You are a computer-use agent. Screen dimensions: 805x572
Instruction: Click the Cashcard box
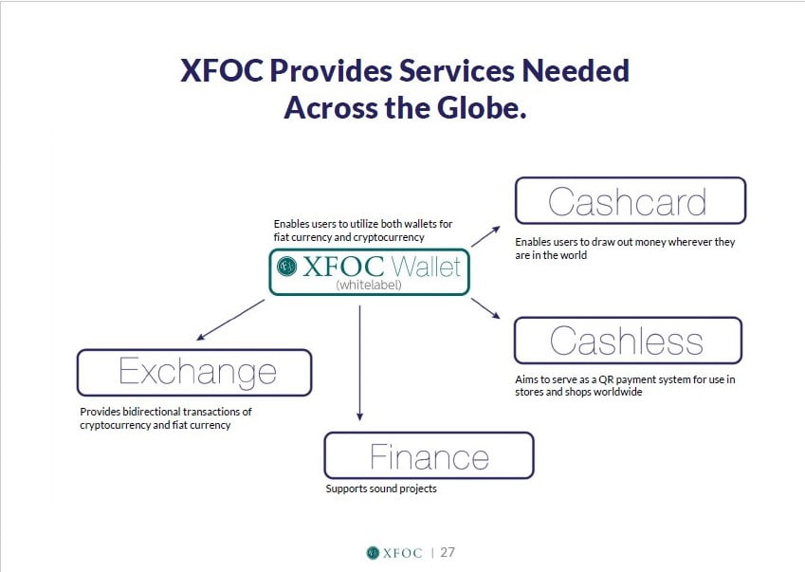pos(630,200)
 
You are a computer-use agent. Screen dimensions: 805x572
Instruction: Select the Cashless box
pos(628,341)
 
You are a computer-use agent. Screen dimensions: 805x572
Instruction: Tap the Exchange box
pos(194,372)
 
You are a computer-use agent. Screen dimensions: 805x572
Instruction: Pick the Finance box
pos(429,455)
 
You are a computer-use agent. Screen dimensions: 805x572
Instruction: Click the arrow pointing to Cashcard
pos(485,236)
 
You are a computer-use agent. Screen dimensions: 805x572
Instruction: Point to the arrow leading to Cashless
pos(485,308)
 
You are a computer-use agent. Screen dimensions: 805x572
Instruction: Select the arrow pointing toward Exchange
pos(230,320)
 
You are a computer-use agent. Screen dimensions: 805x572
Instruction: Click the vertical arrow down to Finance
pos(359,363)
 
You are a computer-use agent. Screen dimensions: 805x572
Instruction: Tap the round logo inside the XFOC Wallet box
pos(286,266)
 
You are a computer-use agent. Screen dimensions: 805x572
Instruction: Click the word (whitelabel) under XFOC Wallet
pos(369,285)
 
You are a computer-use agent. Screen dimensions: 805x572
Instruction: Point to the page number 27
pos(448,552)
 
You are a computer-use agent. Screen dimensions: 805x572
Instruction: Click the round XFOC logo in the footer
pos(373,552)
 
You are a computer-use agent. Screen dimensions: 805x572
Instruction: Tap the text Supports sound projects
pos(381,489)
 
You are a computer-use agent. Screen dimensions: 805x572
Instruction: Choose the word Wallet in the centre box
pos(426,267)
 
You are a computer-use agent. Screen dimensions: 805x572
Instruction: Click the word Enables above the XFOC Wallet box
pos(292,224)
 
